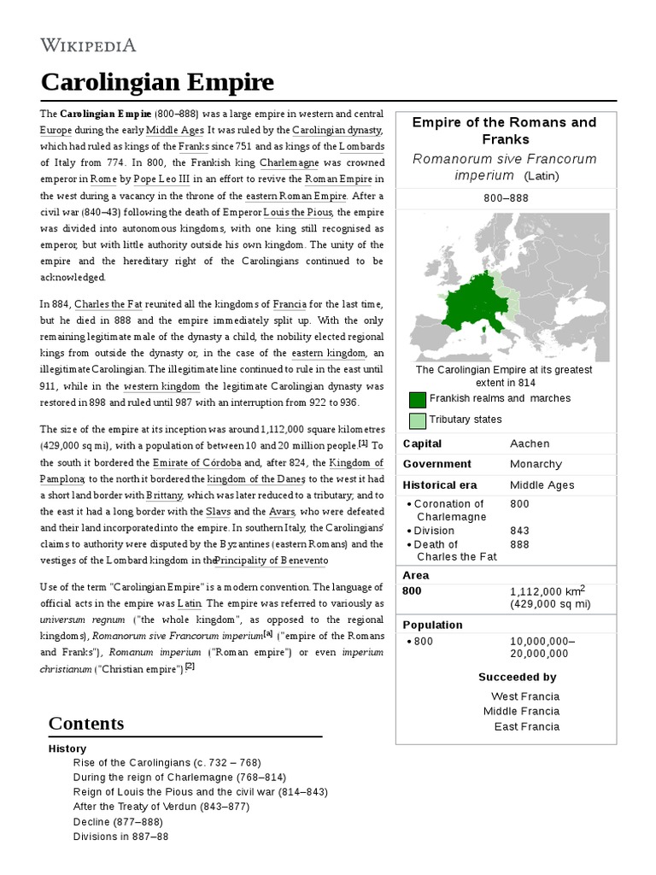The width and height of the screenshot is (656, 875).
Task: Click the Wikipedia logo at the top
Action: coord(88,45)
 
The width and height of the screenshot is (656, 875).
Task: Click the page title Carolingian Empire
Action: coord(158,82)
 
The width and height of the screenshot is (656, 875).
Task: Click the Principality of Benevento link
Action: coord(259,560)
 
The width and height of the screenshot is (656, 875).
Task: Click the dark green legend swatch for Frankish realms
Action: coord(418,400)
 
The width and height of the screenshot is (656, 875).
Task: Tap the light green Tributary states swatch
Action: coord(418,420)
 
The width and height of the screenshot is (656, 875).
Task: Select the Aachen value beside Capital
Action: coord(530,443)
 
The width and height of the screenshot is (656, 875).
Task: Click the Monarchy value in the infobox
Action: coord(536,464)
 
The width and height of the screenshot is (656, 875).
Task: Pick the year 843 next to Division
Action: coord(519,531)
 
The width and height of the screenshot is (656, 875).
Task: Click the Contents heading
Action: coord(86,723)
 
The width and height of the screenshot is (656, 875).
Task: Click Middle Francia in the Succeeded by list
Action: coord(521,711)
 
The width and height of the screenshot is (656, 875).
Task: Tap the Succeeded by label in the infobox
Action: coord(517,677)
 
